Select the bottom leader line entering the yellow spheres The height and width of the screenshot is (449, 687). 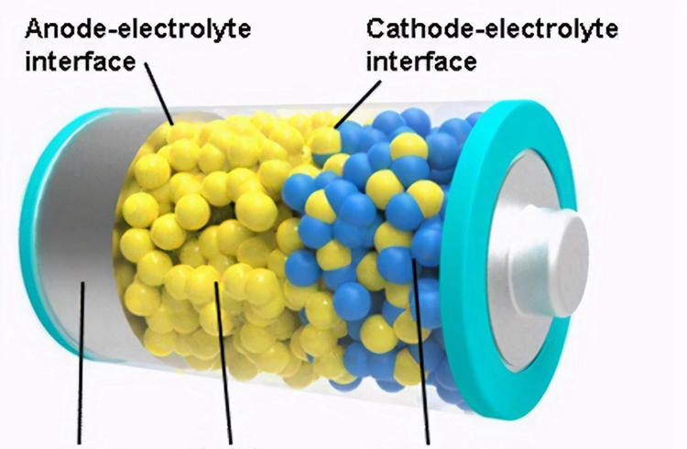pyautogui.click(x=224, y=367)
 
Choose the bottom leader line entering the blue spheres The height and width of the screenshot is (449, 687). pyautogui.click(x=423, y=357)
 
